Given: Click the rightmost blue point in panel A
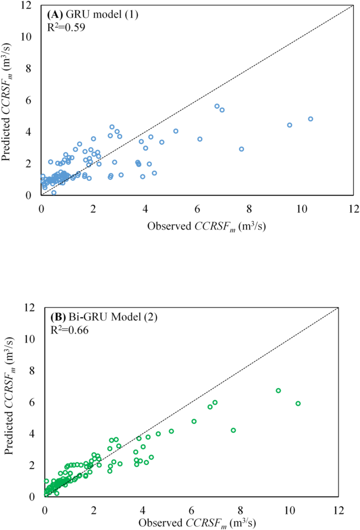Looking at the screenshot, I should (310, 119).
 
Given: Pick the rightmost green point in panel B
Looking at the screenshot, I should (298, 403).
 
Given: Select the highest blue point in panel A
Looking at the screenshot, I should (217, 106).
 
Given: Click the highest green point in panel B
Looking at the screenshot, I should (279, 390).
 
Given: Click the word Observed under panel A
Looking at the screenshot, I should (170, 226).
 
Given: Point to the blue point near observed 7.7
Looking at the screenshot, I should (241, 149).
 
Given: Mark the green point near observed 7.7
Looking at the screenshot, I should (233, 430).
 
